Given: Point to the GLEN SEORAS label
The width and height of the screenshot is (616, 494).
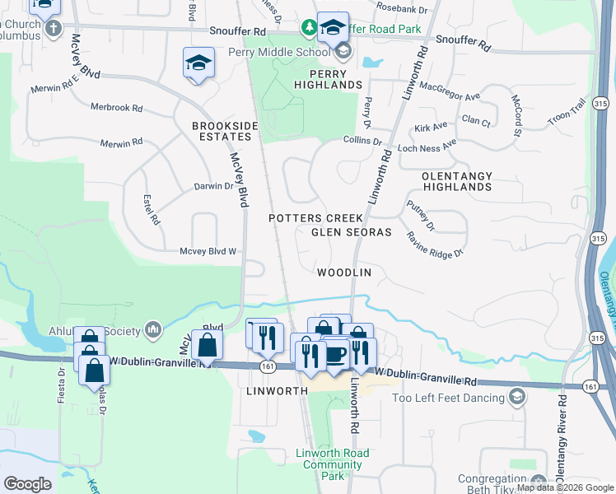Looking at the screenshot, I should click(x=351, y=232).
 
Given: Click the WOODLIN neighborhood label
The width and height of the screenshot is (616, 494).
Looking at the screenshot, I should click(x=344, y=272).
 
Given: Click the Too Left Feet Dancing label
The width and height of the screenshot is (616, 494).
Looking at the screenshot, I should click(x=447, y=398).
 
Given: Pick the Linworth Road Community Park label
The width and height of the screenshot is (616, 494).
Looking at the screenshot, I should click(x=332, y=464).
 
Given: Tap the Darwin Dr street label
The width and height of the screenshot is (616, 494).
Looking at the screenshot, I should click(x=213, y=186).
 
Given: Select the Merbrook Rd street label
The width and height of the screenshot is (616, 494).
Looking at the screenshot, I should click(x=117, y=108).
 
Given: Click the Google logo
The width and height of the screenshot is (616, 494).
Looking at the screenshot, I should click(x=27, y=483).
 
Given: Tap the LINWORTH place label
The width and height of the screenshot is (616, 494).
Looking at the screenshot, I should click(x=276, y=391).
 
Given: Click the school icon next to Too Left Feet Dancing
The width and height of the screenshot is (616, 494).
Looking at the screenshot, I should click(x=516, y=398).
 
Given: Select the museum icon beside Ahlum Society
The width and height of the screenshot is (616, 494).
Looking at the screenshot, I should click(x=153, y=330).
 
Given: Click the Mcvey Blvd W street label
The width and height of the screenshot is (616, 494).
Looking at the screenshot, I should click(x=208, y=251).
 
